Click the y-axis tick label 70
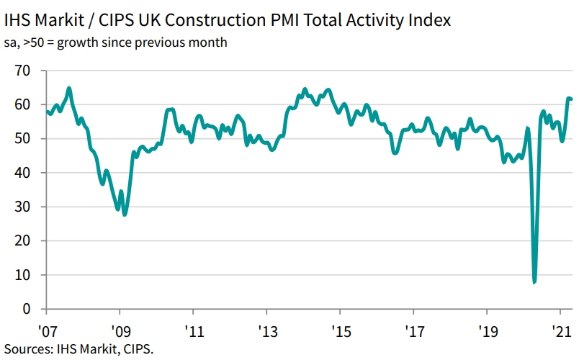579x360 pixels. coord(22,71)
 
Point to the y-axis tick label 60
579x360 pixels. coord(22,104)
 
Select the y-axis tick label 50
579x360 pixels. coord(22,139)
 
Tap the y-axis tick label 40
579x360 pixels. coord(22,173)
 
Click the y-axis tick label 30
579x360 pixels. coord(22,207)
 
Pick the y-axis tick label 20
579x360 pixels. coord(22,241)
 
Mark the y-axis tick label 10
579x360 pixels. coord(22,275)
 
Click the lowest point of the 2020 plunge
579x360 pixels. coord(534,282)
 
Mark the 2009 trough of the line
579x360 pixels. coord(125,215)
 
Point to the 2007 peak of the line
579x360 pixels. coord(69,89)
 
